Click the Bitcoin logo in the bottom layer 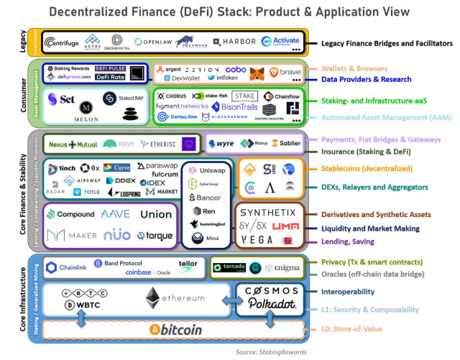176,330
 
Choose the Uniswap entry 208,171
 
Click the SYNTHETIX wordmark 268,213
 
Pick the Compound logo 70,213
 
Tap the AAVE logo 116,213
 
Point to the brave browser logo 287,72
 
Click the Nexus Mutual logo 72,144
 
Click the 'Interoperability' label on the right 349,292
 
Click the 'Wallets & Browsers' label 354,68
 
